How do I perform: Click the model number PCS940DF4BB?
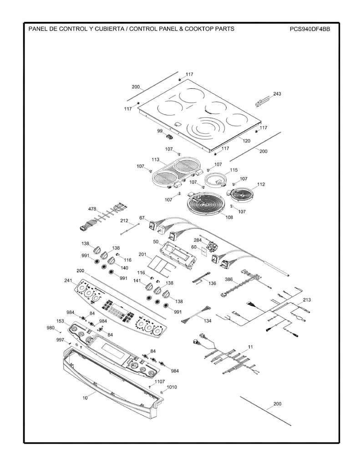click(310, 29)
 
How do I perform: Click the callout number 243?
click(277, 94)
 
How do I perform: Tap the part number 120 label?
click(246, 141)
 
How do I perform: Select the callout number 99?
click(160, 131)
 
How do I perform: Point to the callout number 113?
click(156, 160)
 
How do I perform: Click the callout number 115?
click(233, 170)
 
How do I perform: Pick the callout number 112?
click(261, 184)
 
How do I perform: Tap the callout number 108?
click(229, 217)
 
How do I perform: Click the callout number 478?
click(92, 209)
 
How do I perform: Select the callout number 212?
click(124, 221)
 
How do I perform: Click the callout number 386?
click(228, 279)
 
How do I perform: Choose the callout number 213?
click(307, 300)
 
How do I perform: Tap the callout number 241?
click(68, 280)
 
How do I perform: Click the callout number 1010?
click(172, 387)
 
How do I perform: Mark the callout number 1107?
click(160, 382)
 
